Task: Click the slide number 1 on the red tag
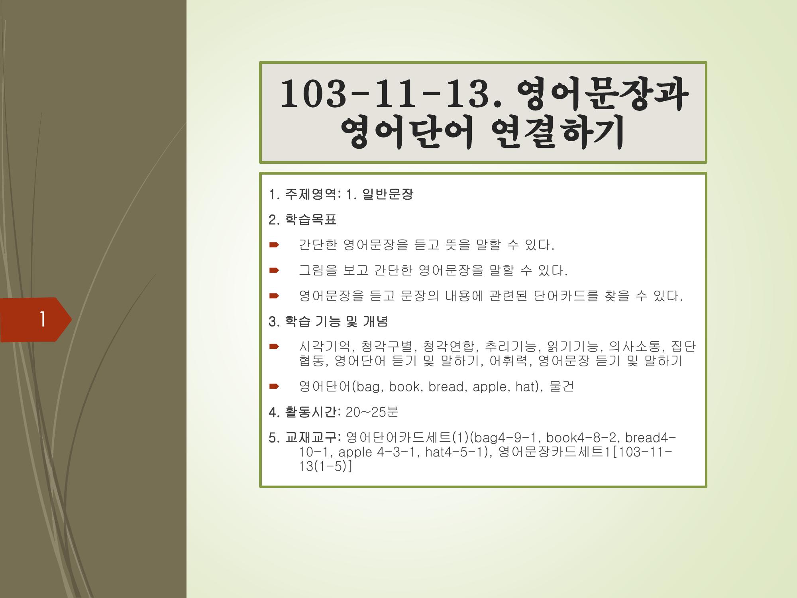42,319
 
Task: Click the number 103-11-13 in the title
385,95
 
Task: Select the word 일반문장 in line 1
388,195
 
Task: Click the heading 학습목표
311,220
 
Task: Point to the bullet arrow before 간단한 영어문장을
274,245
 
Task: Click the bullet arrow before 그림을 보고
274,271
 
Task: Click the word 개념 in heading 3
375,322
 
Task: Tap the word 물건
561,387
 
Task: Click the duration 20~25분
372,412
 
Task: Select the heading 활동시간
311,412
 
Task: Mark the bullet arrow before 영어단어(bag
274,386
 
